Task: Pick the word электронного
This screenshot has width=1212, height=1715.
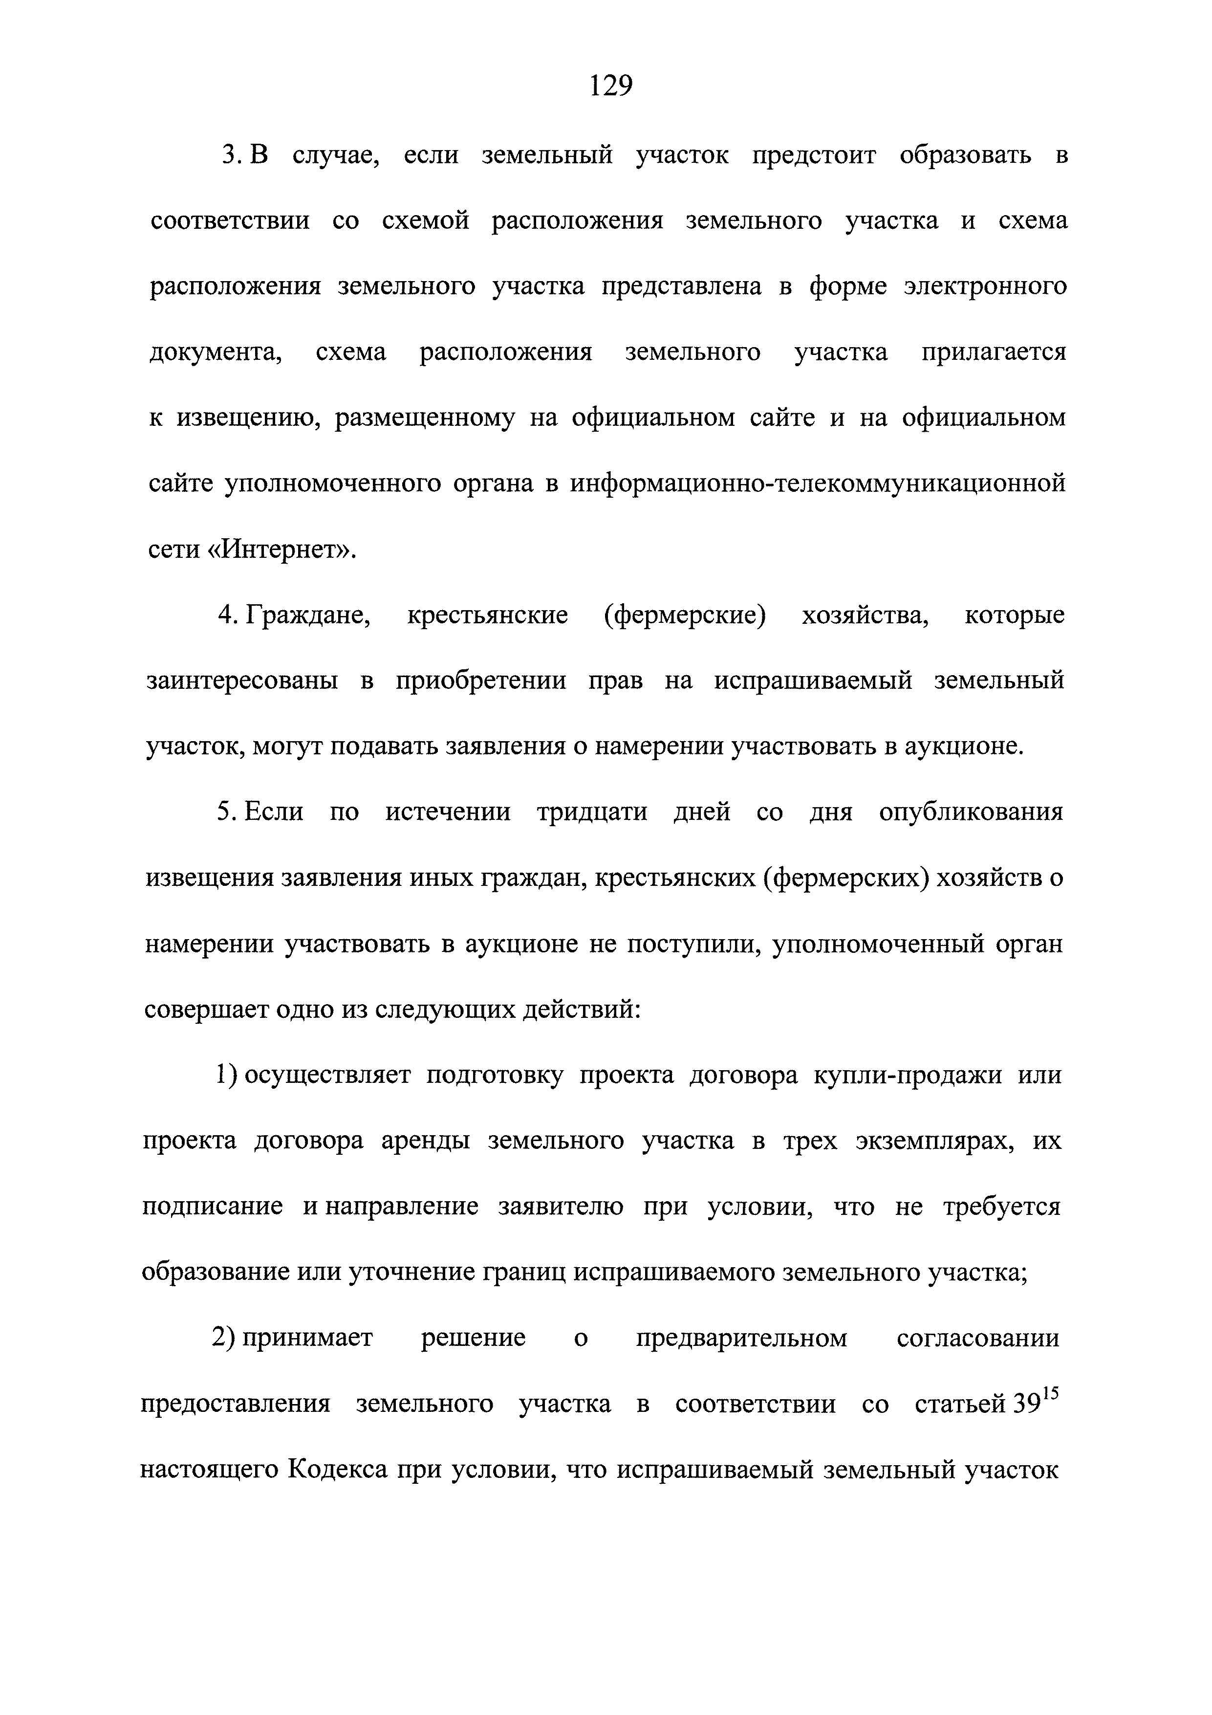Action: (x=985, y=287)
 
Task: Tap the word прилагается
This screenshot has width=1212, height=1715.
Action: (x=993, y=352)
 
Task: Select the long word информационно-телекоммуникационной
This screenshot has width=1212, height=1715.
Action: (x=818, y=484)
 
